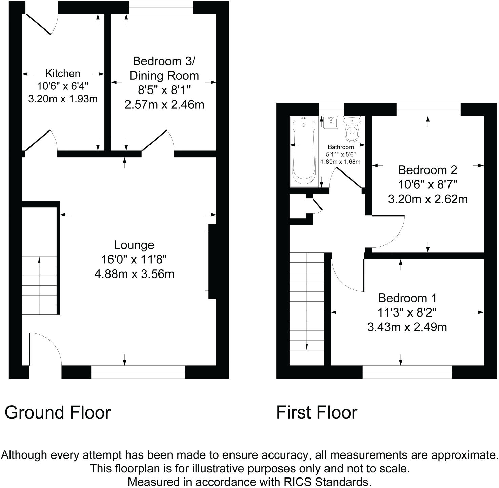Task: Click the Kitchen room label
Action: click(x=63, y=73)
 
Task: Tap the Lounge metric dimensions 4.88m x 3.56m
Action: click(x=134, y=274)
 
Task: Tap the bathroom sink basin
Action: click(x=330, y=122)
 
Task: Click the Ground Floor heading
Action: click(x=58, y=412)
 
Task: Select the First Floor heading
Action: click(x=317, y=412)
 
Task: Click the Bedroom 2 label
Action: click(x=427, y=170)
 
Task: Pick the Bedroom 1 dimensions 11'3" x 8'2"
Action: click(x=407, y=312)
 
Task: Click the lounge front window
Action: click(x=138, y=372)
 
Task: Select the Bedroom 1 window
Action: click(x=407, y=372)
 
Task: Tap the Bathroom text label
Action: click(x=341, y=147)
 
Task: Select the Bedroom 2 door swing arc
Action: click(x=390, y=234)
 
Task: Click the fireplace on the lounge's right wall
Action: click(x=212, y=261)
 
